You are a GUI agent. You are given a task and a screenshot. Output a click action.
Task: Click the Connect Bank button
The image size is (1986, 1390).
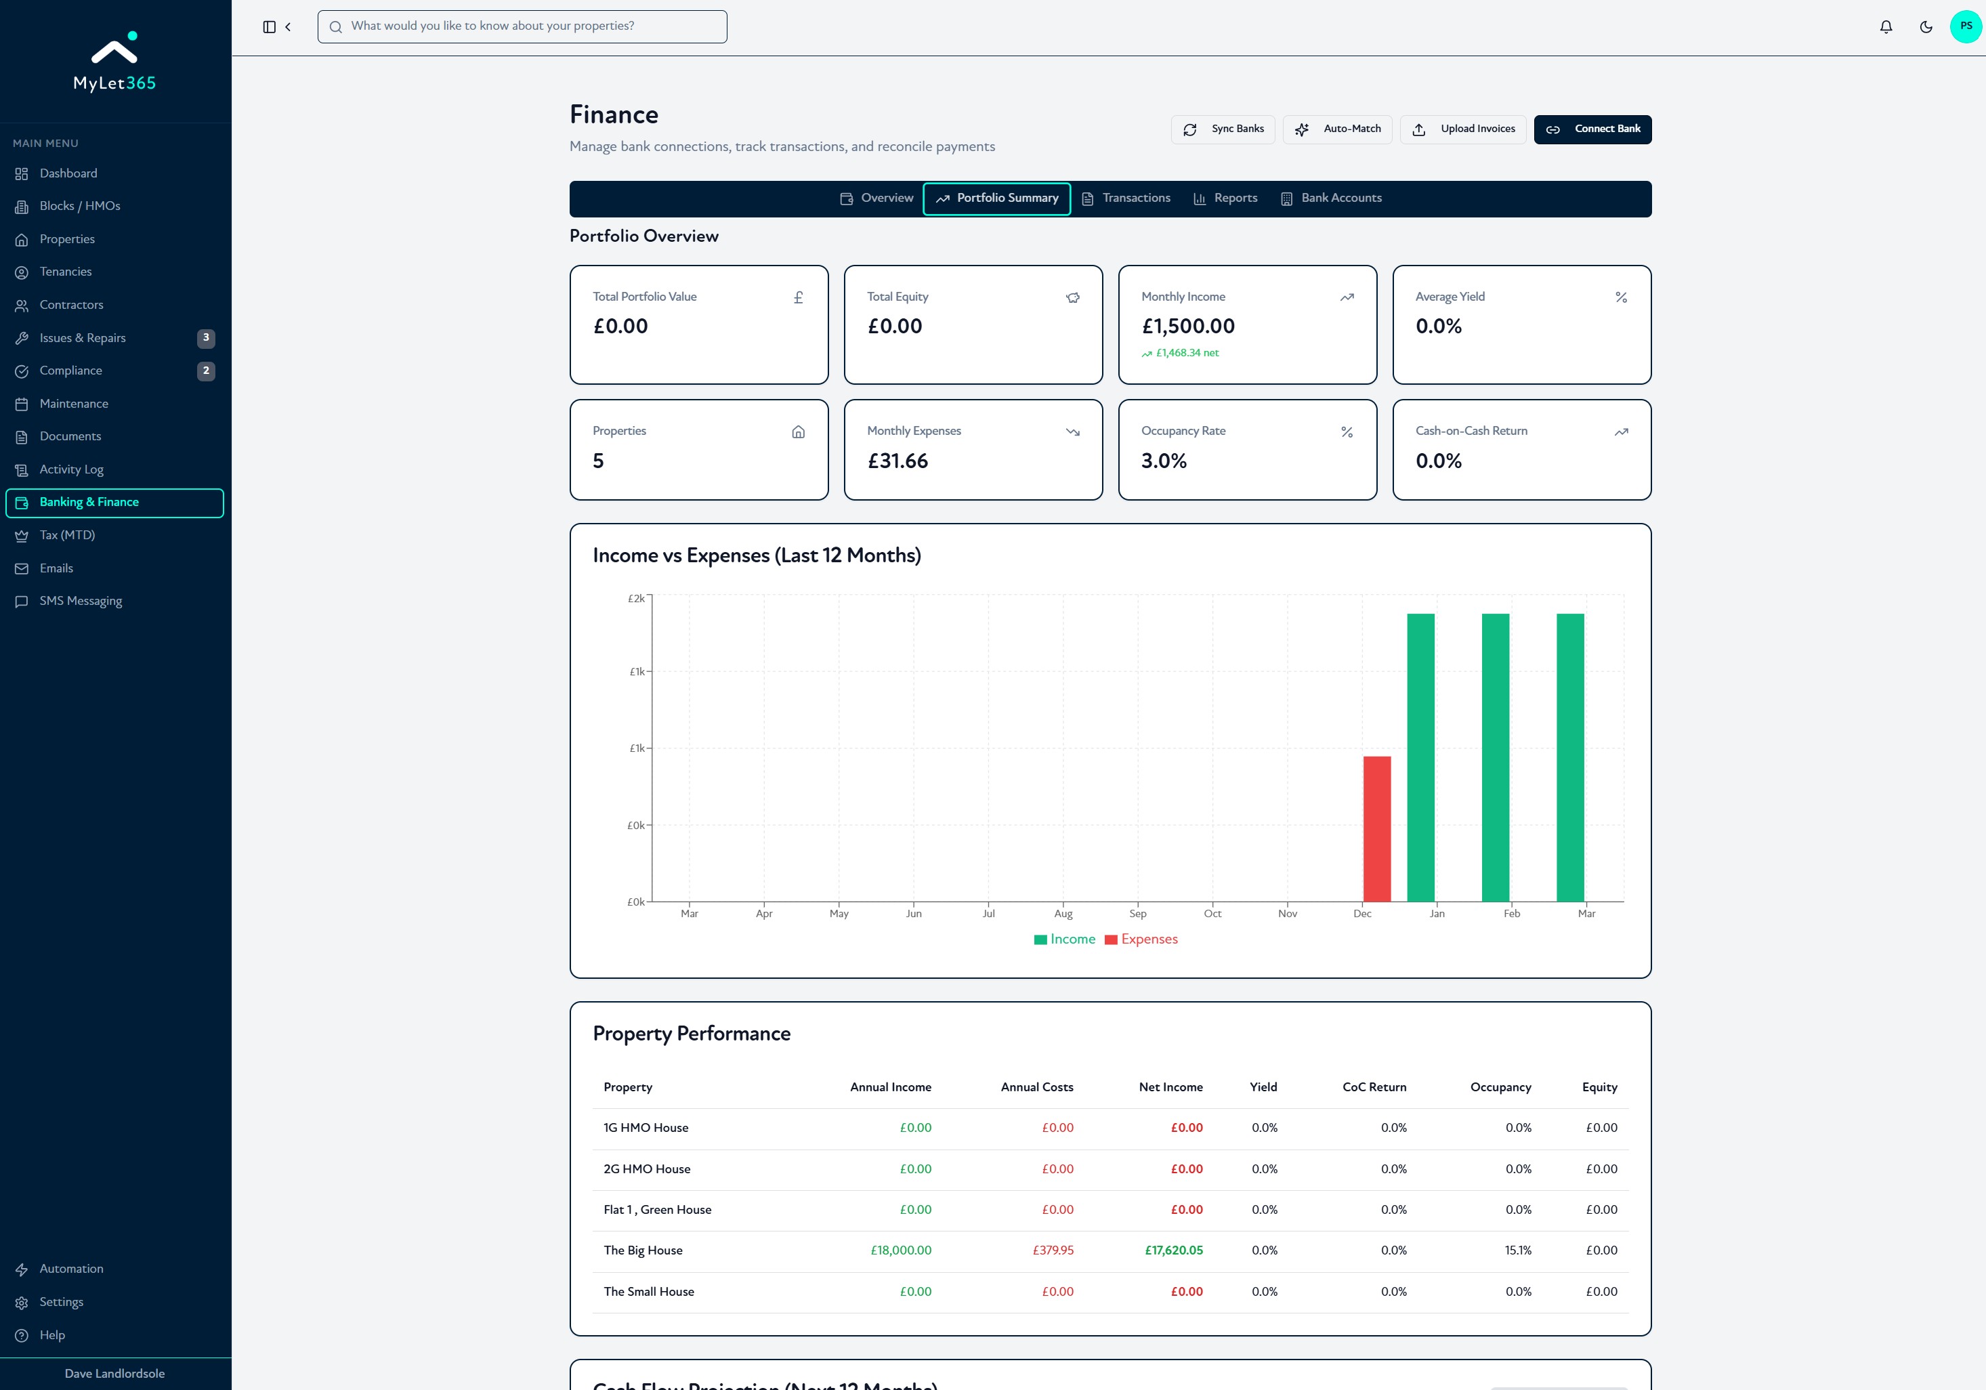(1592, 129)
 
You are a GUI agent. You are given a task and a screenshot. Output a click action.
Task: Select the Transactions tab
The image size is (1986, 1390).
(1126, 198)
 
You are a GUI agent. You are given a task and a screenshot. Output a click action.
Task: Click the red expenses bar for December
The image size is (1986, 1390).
(1377, 828)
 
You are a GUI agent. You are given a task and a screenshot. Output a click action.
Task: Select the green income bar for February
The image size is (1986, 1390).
(1496, 758)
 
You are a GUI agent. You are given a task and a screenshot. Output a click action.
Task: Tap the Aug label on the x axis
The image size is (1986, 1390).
(1063, 913)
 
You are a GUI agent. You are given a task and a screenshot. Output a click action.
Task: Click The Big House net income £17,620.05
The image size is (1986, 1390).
(1174, 1250)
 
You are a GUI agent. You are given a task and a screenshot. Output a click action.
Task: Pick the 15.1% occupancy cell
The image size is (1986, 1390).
(1518, 1250)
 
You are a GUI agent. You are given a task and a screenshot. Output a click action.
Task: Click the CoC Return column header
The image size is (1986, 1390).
(1374, 1087)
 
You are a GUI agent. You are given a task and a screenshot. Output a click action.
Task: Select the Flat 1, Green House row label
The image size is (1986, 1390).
(658, 1209)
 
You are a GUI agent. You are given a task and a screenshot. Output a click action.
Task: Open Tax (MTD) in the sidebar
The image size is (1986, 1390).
(68, 535)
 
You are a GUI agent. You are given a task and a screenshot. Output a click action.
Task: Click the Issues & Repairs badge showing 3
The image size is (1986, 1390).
(206, 337)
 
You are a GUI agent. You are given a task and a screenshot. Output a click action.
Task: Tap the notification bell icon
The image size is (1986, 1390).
(1886, 27)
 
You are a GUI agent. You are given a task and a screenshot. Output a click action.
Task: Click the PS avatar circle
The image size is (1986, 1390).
(1966, 26)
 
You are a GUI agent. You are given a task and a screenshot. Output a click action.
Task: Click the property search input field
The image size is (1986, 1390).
(522, 26)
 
